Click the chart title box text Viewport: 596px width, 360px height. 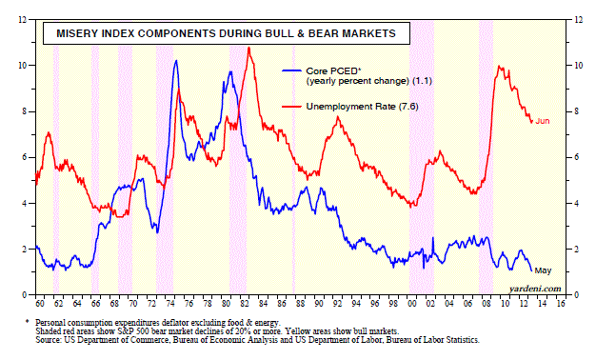pyautogui.click(x=227, y=33)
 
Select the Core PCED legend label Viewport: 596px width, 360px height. pyautogui.click(x=369, y=75)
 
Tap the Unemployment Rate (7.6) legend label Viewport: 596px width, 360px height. pyautogui.click(x=362, y=107)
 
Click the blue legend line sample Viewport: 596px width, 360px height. pyautogui.click(x=291, y=70)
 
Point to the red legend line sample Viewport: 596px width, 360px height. pyautogui.click(x=291, y=107)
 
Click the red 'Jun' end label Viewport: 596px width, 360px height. pyautogui.click(x=543, y=121)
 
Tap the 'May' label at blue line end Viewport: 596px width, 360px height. pyautogui.click(x=543, y=270)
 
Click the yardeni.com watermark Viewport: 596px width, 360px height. pyautogui.click(x=535, y=289)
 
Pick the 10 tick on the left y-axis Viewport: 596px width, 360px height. pyautogui.click(x=23, y=66)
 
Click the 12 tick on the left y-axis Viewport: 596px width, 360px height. pyautogui.click(x=23, y=20)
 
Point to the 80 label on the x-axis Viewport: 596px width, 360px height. pyautogui.click(x=227, y=304)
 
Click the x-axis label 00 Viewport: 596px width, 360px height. pyautogui.click(x=412, y=304)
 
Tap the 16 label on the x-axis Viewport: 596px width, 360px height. pyautogui.click(x=561, y=304)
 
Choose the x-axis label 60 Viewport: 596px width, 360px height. pyautogui.click(x=40, y=304)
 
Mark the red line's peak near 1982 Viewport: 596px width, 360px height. pyautogui.click(x=248, y=48)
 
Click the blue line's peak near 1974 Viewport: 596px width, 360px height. pyautogui.click(x=175, y=60)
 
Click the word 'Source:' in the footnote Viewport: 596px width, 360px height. pyautogui.click(x=49, y=339)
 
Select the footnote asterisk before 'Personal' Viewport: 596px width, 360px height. pyautogui.click(x=27, y=321)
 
